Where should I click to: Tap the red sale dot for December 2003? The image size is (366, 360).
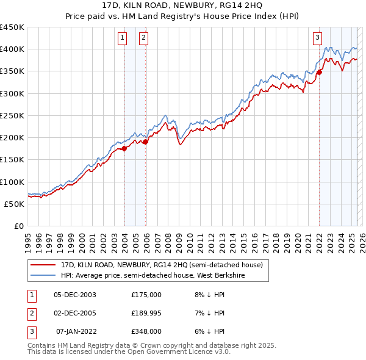click(x=124, y=148)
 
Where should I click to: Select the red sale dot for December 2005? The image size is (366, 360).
click(x=146, y=142)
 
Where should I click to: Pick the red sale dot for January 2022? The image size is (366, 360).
click(x=319, y=72)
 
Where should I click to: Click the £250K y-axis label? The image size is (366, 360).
click(x=12, y=115)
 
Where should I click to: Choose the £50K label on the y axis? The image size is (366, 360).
click(x=15, y=204)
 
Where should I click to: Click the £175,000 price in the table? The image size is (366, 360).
click(x=146, y=295)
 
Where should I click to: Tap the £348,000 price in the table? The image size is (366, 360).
click(x=146, y=331)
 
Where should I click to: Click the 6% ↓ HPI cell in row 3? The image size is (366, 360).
click(x=209, y=331)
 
